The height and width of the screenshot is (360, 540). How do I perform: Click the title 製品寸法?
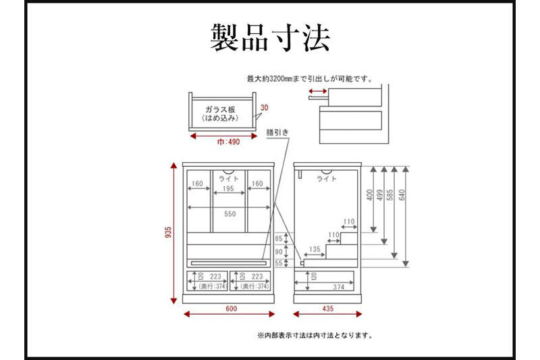point(270,38)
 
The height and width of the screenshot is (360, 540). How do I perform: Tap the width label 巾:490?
point(228,143)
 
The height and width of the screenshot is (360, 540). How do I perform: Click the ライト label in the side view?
point(327,179)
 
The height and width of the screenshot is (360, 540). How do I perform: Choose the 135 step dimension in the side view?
point(315,249)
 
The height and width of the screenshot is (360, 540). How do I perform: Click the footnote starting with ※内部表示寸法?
point(315,334)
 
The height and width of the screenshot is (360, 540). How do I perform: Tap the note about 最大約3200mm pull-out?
point(310,78)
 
